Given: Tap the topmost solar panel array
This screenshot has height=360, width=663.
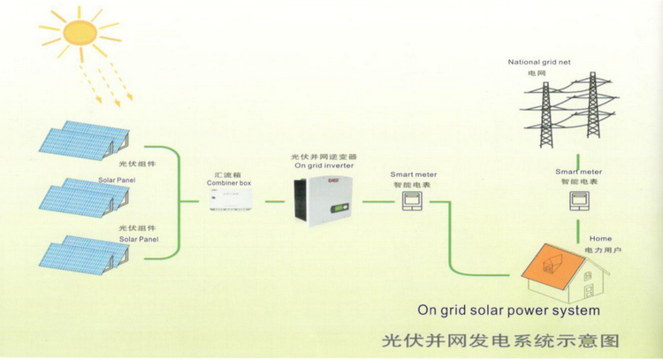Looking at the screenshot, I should pos(84,142).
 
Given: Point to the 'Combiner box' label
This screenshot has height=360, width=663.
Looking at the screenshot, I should pos(229,182).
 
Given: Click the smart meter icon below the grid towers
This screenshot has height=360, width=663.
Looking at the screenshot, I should pos(578,203).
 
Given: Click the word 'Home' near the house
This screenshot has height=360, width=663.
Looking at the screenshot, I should pos(600,239).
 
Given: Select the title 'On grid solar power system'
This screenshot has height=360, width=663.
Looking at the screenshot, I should pos(508,310).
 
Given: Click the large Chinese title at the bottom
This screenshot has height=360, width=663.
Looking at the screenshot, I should pos(500,340).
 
